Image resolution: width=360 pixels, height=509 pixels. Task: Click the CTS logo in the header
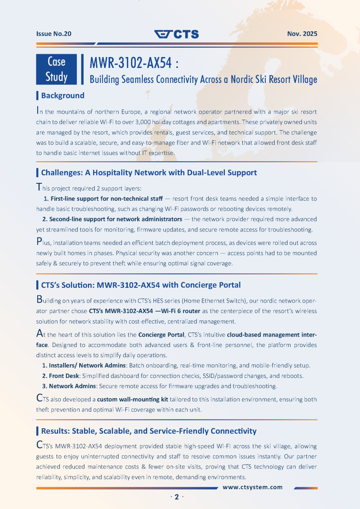pyautogui.click(x=177, y=34)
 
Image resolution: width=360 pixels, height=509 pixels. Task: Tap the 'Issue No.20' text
pyautogui.click(x=54, y=34)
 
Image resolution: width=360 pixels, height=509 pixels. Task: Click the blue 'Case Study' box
pyautogui.click(x=57, y=69)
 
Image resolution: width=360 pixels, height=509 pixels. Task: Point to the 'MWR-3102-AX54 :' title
pyautogui.click(x=134, y=63)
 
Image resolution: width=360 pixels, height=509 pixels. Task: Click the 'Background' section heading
pyautogui.click(x=63, y=95)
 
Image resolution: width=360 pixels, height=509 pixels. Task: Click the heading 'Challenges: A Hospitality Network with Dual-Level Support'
pyautogui.click(x=149, y=173)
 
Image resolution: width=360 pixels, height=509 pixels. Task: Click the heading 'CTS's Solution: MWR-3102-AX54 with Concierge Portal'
pyautogui.click(x=141, y=285)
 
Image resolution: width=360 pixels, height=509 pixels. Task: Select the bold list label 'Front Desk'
pyautogui.click(x=64, y=376)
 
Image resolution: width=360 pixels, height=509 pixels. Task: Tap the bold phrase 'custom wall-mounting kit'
pyautogui.click(x=133, y=399)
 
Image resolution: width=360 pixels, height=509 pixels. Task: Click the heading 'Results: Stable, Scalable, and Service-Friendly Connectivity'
pyautogui.click(x=148, y=431)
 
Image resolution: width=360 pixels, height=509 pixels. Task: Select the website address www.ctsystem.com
pyautogui.click(x=253, y=487)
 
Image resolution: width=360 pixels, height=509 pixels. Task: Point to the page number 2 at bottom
pyautogui.click(x=177, y=497)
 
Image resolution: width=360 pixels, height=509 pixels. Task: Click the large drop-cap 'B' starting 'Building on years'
pyautogui.click(x=39, y=300)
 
